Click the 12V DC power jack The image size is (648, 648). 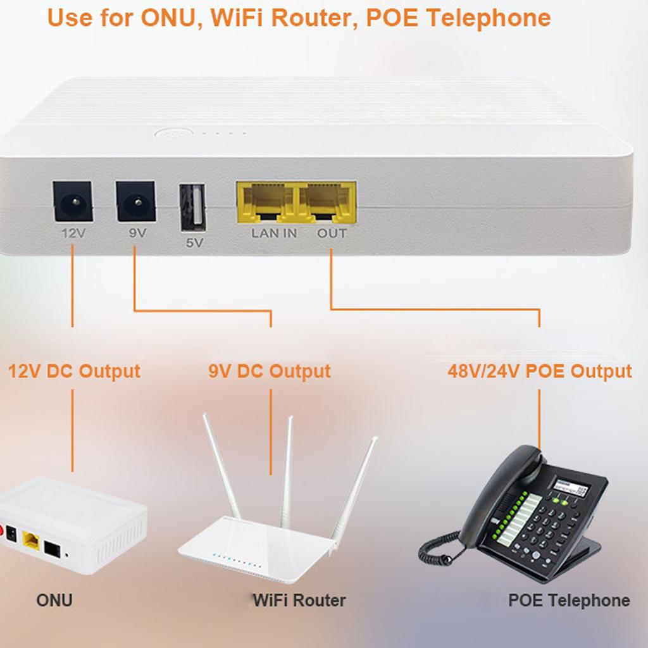(x=72, y=202)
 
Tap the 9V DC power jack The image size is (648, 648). (x=135, y=201)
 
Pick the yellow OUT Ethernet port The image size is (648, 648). (x=327, y=201)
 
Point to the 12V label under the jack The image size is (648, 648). (x=73, y=233)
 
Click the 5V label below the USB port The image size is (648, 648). (x=194, y=242)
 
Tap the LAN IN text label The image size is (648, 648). (x=274, y=233)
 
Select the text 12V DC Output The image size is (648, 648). (x=74, y=371)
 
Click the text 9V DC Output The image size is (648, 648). (x=270, y=371)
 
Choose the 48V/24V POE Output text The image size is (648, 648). (x=540, y=371)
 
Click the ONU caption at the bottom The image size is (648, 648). (x=54, y=600)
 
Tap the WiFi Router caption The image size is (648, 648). (x=299, y=600)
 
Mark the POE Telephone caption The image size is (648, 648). (x=569, y=600)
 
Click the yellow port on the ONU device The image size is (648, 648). (x=30, y=540)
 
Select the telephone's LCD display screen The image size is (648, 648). (x=571, y=489)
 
